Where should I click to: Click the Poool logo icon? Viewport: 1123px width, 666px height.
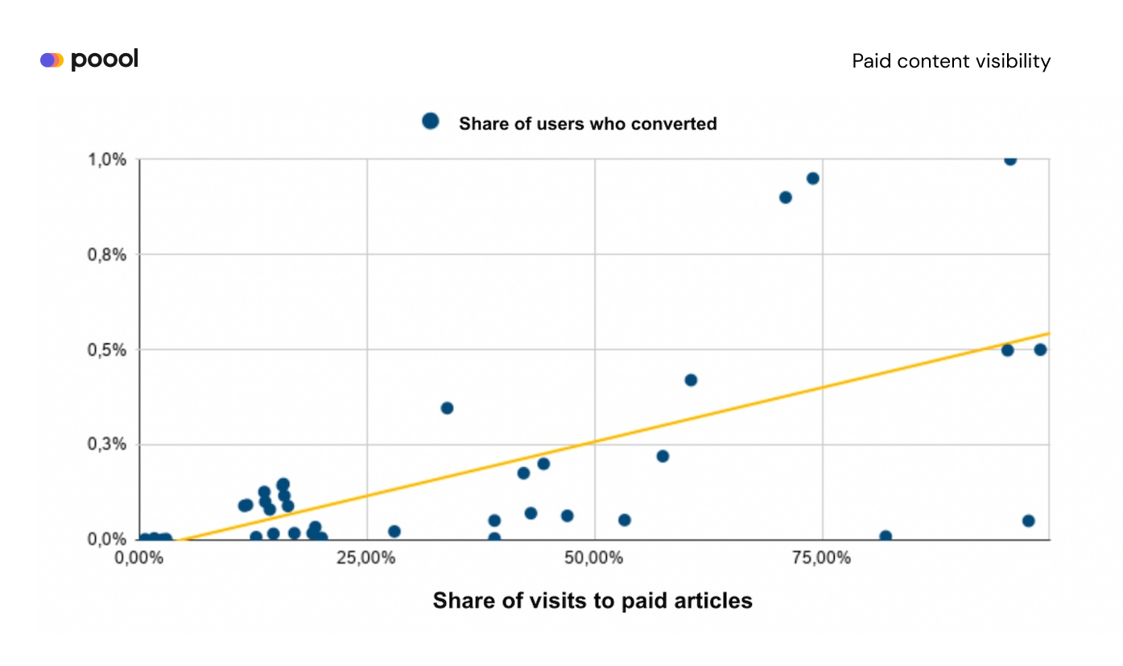coord(52,60)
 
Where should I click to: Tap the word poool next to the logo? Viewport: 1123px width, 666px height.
coord(105,60)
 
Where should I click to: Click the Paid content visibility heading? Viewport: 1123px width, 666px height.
coord(951,61)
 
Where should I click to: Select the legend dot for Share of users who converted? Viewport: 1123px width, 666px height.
coord(431,121)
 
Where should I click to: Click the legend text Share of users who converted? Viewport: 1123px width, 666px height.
coord(588,124)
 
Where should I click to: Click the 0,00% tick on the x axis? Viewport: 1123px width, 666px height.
coord(139,557)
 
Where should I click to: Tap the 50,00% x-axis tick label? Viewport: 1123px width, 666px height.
coord(594,557)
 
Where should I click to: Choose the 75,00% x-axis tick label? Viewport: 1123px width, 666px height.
coord(822,557)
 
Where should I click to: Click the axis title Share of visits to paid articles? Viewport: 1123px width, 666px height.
coord(592,600)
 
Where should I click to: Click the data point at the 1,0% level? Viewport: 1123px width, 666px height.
coord(1010,159)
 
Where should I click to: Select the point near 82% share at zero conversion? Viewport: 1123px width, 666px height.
coord(886,536)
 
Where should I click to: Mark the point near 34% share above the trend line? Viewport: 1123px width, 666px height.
coord(447,408)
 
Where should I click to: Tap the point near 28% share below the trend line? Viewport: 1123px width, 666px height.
coord(394,532)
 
